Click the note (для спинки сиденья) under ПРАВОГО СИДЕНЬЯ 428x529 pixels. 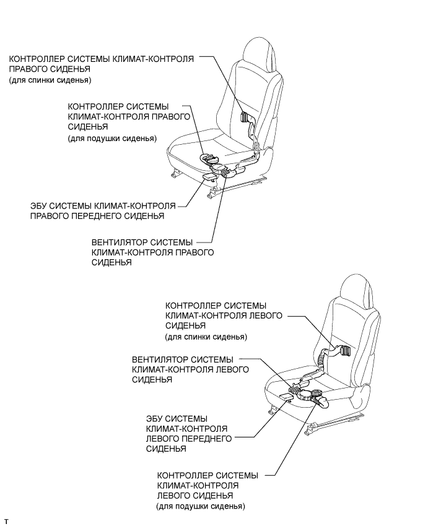tap(51, 81)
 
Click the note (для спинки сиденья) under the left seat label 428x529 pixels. tap(206, 337)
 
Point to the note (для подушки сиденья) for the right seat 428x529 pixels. tap(112, 139)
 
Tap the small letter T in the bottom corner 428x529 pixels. tap(6, 523)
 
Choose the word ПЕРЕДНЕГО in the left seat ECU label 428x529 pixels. tap(201, 439)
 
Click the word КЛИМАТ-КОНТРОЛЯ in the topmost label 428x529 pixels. tap(154, 59)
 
